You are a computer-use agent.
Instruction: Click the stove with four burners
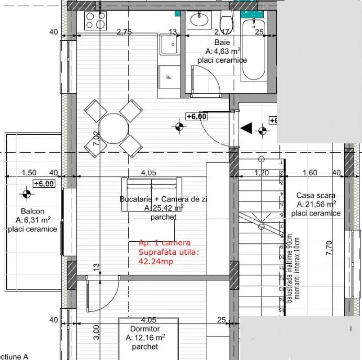point(96,21)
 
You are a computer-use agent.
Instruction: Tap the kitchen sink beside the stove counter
point(170,46)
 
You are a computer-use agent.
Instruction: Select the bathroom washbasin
point(199,20)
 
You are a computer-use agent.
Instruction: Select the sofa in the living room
point(152,194)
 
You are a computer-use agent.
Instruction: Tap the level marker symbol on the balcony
point(26,195)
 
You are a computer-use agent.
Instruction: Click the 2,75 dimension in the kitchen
point(123,32)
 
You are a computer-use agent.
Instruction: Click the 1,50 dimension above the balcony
point(29,173)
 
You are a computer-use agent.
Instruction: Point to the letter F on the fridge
point(169,76)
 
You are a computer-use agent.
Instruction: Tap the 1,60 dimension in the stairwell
point(310,173)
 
